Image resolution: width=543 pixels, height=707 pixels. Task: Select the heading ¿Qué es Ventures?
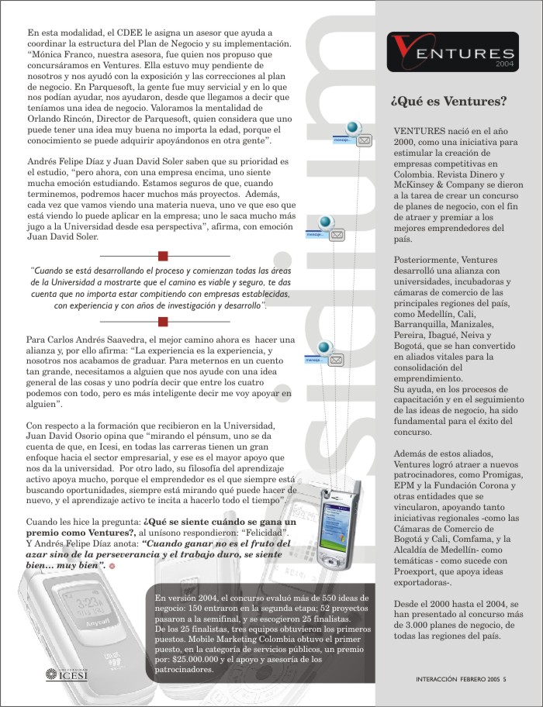(449, 101)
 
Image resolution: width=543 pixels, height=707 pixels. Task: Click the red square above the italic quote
(163, 255)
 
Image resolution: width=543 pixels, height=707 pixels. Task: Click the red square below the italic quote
(163, 319)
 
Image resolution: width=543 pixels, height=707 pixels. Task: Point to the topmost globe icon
(353, 128)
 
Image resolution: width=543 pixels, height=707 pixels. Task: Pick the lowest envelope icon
(337, 360)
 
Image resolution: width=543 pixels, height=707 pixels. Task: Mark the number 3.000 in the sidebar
(413, 625)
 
